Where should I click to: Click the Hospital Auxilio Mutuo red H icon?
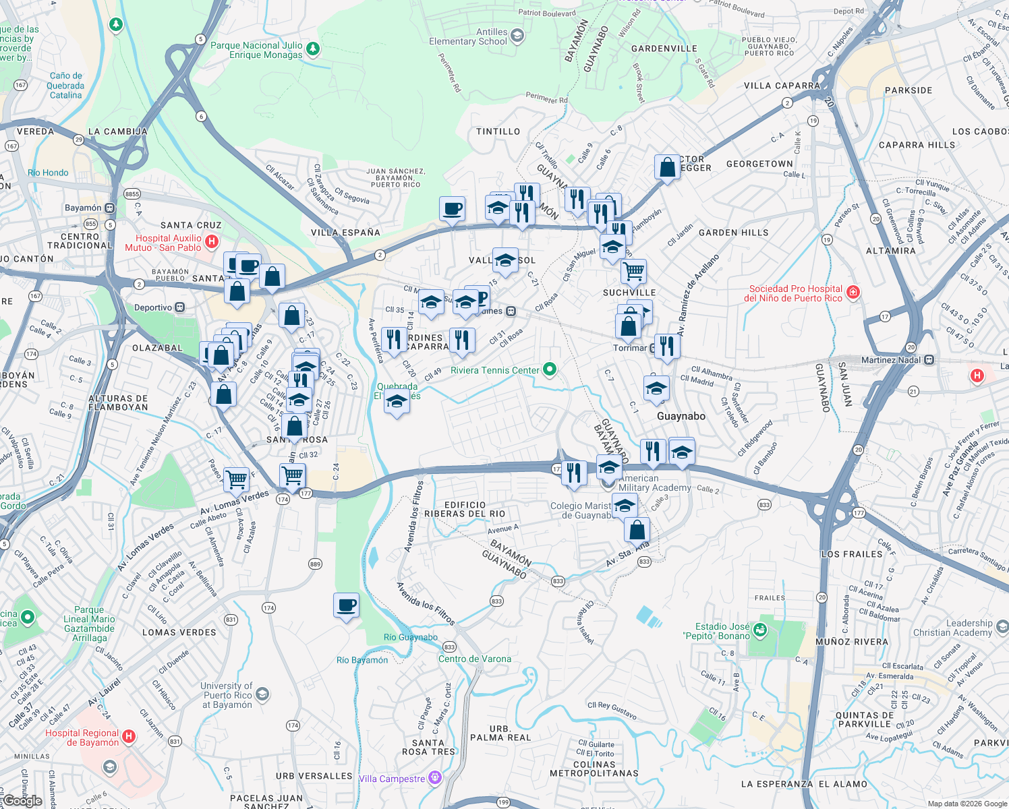[212, 241]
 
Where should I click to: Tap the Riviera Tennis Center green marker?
[550, 369]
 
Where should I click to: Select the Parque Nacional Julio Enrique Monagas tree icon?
[312, 49]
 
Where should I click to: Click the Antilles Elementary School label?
[468, 36]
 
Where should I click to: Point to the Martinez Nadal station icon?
[929, 360]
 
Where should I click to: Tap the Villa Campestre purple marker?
[435, 778]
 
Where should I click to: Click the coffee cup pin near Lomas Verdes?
[346, 605]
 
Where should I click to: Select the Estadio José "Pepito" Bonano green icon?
[760, 630]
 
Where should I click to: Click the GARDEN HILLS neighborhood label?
[733, 233]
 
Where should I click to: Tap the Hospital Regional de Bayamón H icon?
[129, 737]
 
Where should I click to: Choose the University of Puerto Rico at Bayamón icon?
[262, 694]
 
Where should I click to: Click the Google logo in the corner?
[22, 801]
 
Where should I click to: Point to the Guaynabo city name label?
[681, 416]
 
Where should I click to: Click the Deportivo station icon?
[180, 307]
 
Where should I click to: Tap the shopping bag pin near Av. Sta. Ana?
[637, 530]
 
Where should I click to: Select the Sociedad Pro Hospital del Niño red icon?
[853, 292]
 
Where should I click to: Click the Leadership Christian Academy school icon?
[1002, 627]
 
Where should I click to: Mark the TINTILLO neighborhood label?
[498, 131]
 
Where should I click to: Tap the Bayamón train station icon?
[109, 208]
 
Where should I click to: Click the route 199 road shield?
[503, 802]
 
